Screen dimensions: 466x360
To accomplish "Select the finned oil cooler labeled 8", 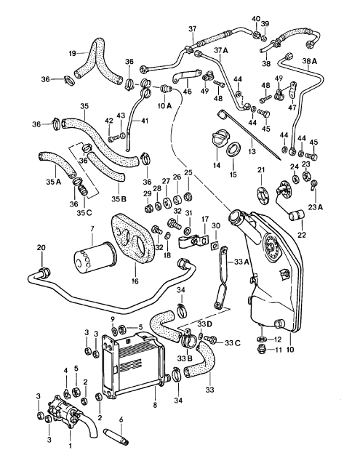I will pos(138,363).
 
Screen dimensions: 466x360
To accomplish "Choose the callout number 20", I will pos(41,249).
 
